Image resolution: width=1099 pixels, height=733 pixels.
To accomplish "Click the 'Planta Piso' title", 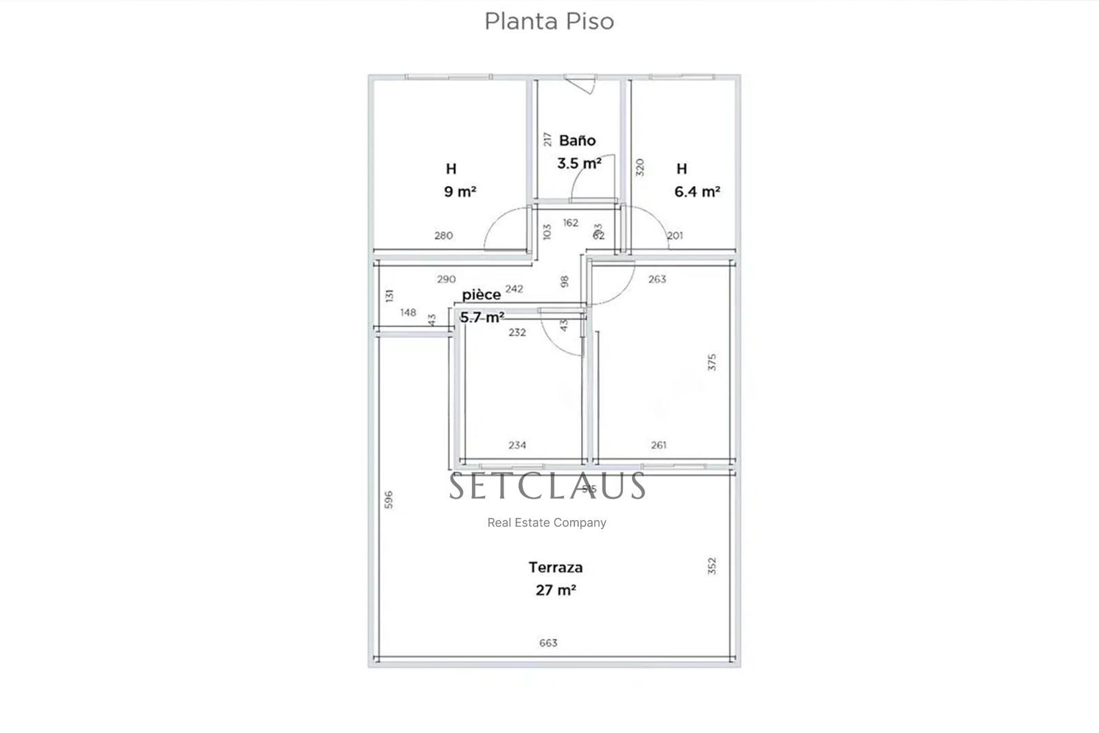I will [x=549, y=21].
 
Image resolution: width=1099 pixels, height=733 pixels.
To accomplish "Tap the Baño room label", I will [x=577, y=141].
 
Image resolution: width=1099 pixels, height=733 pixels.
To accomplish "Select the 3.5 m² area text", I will [x=579, y=163].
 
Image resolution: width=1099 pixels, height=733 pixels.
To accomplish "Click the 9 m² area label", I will [x=460, y=192].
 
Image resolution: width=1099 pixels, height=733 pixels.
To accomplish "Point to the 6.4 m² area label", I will [x=696, y=192].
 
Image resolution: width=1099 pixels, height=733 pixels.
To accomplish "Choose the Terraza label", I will [x=556, y=567].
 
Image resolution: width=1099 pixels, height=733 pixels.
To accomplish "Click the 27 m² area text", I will [x=556, y=590].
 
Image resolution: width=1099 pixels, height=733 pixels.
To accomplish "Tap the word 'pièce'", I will [x=481, y=295].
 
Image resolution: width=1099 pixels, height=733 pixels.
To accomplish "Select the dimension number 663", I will [x=548, y=643].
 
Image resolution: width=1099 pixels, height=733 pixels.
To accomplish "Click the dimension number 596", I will [x=388, y=499].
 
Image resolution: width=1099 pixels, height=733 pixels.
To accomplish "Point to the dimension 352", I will [x=712, y=566].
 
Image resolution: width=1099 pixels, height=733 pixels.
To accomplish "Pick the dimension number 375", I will [x=712, y=362].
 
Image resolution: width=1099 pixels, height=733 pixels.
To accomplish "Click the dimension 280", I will [x=444, y=236].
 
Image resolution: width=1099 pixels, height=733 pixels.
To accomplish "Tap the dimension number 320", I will [x=640, y=168].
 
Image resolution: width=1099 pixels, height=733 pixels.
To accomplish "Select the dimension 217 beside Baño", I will [x=547, y=139].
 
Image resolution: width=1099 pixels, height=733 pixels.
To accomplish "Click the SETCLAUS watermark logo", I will [x=547, y=486].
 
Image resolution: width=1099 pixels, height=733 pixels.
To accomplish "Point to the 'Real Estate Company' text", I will [x=547, y=523].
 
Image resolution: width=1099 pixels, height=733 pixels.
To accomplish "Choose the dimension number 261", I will [x=658, y=445].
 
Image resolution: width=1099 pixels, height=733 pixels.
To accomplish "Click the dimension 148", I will [x=408, y=313].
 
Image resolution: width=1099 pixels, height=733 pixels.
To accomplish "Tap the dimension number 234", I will [x=517, y=445].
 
